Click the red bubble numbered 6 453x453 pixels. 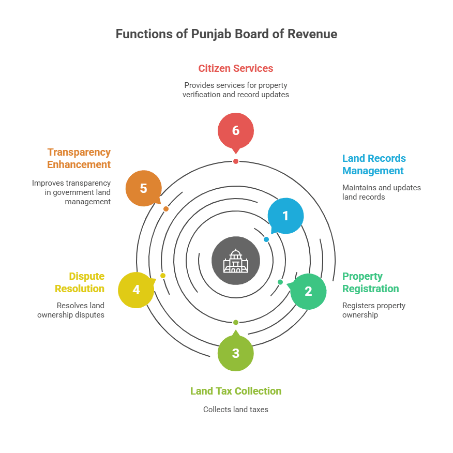(x=236, y=130)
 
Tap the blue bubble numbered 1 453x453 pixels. (x=285, y=216)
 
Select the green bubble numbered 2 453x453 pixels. (x=308, y=291)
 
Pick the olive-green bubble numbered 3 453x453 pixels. (x=236, y=353)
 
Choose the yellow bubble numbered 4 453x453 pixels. (x=136, y=290)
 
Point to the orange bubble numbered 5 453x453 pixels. (x=143, y=188)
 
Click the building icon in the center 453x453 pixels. (x=236, y=261)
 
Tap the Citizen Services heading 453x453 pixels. (x=236, y=68)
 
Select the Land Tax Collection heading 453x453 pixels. (x=236, y=391)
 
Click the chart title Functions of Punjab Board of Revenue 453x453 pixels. (x=226, y=34)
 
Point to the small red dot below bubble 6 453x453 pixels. (x=236, y=161)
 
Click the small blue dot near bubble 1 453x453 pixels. (x=266, y=239)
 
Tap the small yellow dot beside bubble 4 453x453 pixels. (x=163, y=276)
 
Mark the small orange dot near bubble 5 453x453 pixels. (x=166, y=209)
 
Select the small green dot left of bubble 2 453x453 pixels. (x=280, y=282)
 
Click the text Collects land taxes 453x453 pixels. (x=236, y=410)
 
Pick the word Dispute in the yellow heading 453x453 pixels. (x=87, y=276)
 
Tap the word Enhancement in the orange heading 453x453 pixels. (x=79, y=164)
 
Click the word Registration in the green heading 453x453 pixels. (x=370, y=289)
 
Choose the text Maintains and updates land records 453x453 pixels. (x=381, y=192)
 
